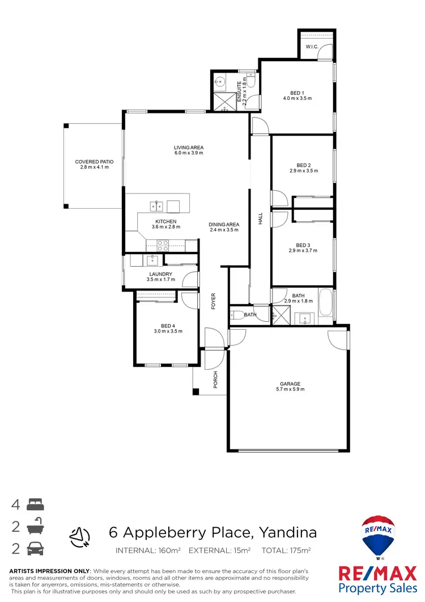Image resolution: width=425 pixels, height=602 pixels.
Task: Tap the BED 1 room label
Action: pos(297,93)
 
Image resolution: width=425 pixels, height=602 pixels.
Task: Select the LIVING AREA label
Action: pos(188,148)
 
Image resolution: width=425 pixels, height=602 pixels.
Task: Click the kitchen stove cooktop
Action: pos(162,246)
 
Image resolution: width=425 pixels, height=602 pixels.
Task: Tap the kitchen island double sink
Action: pos(157,205)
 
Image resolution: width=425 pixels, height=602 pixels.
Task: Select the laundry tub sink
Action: pos(152,260)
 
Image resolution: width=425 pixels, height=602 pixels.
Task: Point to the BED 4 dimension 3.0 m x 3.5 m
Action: pos(167,331)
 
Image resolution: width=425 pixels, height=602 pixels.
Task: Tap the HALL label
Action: pos(261,219)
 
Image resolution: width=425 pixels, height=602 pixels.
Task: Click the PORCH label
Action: pos(215,380)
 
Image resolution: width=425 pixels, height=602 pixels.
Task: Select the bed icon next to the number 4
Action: pos(35,504)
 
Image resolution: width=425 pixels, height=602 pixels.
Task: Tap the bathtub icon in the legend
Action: pos(35,526)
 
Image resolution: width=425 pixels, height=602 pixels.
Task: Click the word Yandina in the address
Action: pos(287,533)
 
